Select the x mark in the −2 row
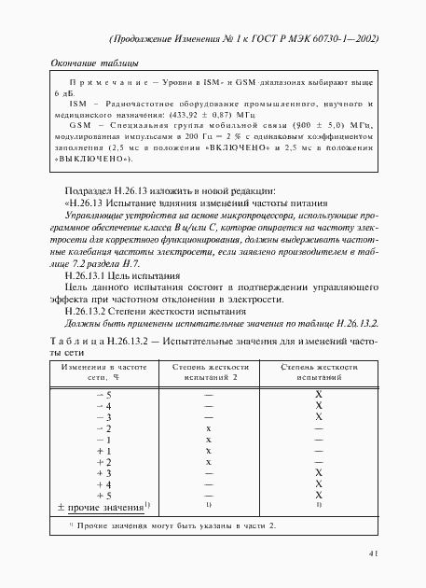point(209,428)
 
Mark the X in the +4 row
point(318,484)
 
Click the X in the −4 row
point(318,406)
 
